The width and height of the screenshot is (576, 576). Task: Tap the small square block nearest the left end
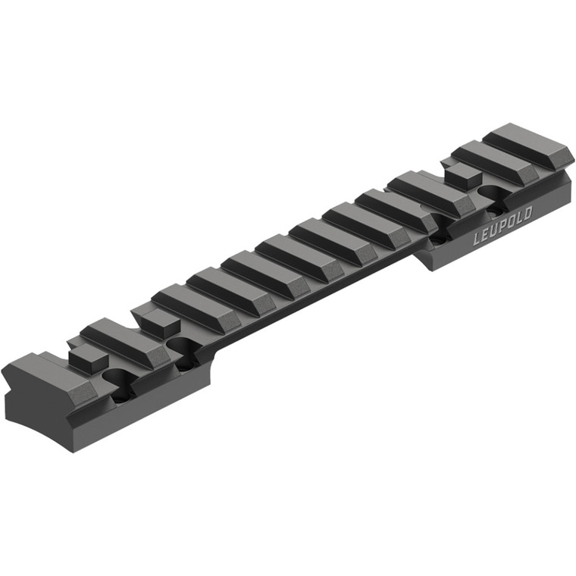coord(85,356)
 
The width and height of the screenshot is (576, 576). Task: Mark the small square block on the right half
coord(462,176)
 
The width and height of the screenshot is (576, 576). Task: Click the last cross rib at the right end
coord(528,144)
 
